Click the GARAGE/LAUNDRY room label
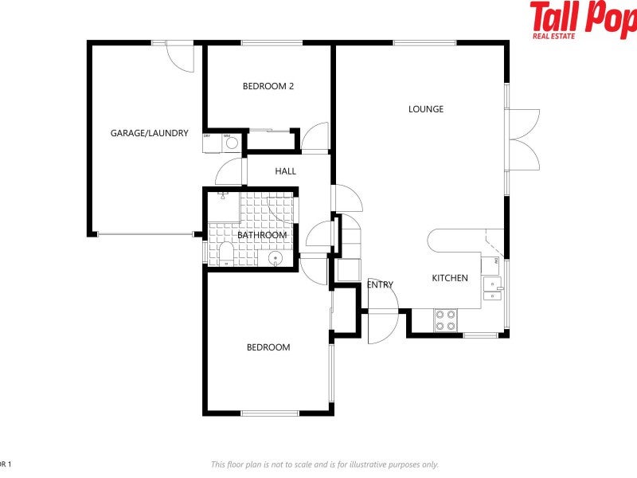tap(149, 133)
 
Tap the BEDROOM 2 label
tap(268, 86)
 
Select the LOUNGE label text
tap(426, 109)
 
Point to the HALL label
tap(285, 171)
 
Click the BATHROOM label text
tap(261, 235)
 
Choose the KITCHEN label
tap(450, 278)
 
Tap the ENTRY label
tap(380, 285)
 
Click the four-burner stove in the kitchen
tap(446, 320)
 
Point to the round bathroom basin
tap(276, 259)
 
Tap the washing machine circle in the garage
tap(227, 145)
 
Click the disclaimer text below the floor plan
tap(324, 464)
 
